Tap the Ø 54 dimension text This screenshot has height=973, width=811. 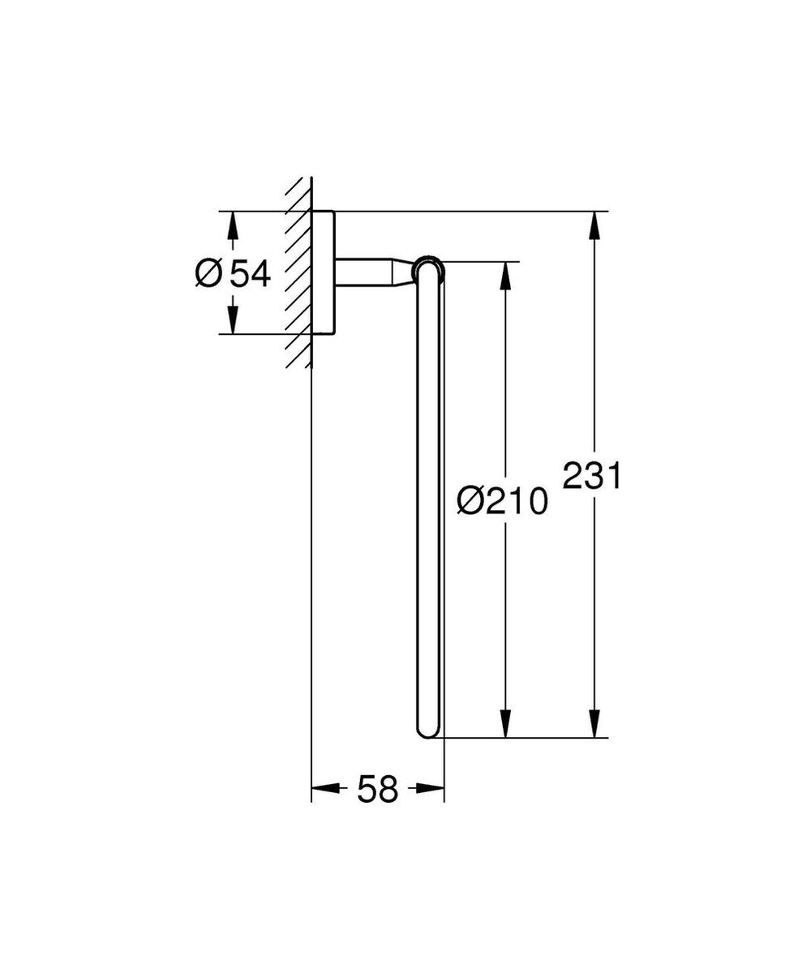pos(232,274)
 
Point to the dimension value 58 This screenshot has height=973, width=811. pos(378,788)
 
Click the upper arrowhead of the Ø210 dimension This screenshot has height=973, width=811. pos(505,276)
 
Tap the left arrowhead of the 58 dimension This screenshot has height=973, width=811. pos(325,787)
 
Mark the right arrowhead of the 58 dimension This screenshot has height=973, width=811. pos(431,787)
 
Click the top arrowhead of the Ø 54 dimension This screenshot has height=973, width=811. pos(232,225)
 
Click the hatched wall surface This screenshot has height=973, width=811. pos(298,276)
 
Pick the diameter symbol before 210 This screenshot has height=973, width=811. pos(470,501)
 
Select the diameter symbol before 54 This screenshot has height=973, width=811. pos(208,274)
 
